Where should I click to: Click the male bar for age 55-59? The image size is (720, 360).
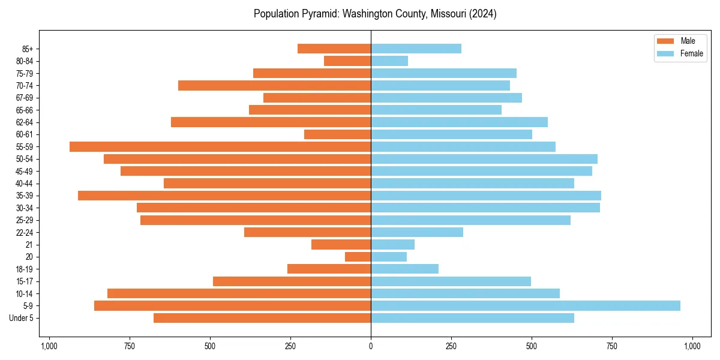pos(220,147)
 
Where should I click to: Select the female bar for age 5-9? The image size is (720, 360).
pos(526,306)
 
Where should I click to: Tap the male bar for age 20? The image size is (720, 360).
pos(358,257)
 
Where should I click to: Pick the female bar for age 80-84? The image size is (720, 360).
pos(389,61)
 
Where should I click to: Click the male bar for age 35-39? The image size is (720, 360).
pos(224,196)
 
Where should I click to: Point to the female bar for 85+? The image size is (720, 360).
pos(416,49)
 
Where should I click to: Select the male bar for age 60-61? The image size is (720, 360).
pos(337,134)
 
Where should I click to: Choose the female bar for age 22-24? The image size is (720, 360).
pos(417,232)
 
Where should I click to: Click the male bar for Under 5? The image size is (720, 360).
pos(262,318)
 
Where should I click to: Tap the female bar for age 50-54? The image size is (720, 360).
pos(484,159)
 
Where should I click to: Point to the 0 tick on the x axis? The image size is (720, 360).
pos(371,346)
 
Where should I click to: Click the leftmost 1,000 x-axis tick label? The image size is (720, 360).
pos(49,346)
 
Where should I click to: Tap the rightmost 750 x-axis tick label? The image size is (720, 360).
pos(612,346)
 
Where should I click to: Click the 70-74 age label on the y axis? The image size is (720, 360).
pos(25,86)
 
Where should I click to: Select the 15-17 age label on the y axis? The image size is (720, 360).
pos(25,281)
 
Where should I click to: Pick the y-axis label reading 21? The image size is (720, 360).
pos(29,245)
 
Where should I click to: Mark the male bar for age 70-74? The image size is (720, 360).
pos(275,86)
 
